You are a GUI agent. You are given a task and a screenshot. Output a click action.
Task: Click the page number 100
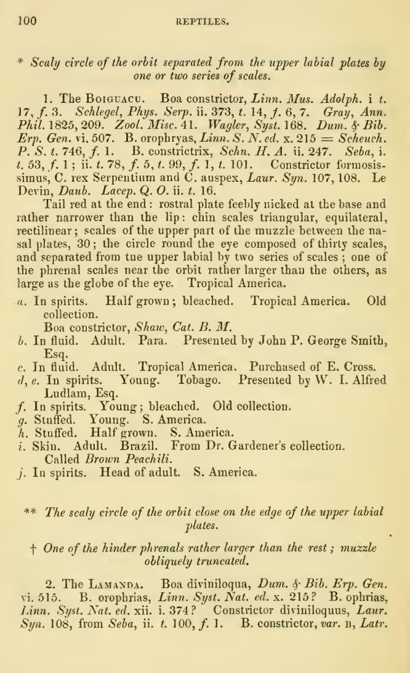(x=28, y=22)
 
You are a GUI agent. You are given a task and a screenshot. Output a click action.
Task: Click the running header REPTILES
(x=203, y=23)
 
